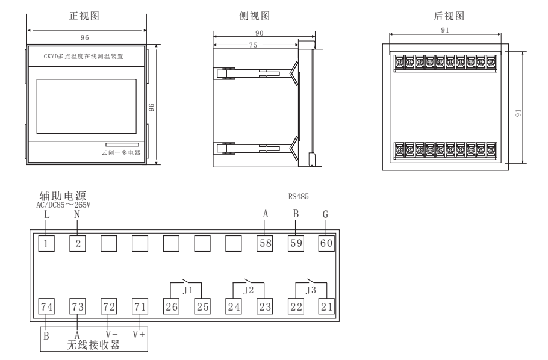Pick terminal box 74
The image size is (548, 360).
pyautogui.click(x=46, y=306)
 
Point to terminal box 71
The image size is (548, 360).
pyautogui.click(x=140, y=306)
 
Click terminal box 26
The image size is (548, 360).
pyautogui.click(x=172, y=306)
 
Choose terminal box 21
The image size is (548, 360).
pyautogui.click(x=326, y=306)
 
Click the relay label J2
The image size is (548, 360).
pyautogui.click(x=248, y=290)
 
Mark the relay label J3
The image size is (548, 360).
pyautogui.click(x=310, y=290)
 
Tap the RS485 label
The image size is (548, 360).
pyautogui.click(x=299, y=196)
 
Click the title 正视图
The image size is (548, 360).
pyautogui.click(x=84, y=17)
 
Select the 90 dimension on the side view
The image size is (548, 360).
pyautogui.click(x=260, y=34)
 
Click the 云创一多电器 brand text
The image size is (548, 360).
pyautogui.click(x=121, y=153)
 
